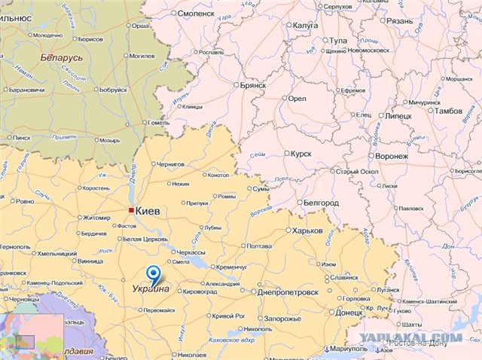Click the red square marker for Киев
tap(131, 211)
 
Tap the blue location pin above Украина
tap(154, 274)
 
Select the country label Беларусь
tap(62, 57)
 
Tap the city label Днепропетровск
tap(288, 291)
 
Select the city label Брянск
tap(253, 86)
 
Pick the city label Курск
tap(301, 154)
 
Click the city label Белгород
tap(321, 203)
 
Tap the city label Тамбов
tap(449, 111)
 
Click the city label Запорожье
tap(282, 319)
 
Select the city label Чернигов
tap(172, 163)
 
